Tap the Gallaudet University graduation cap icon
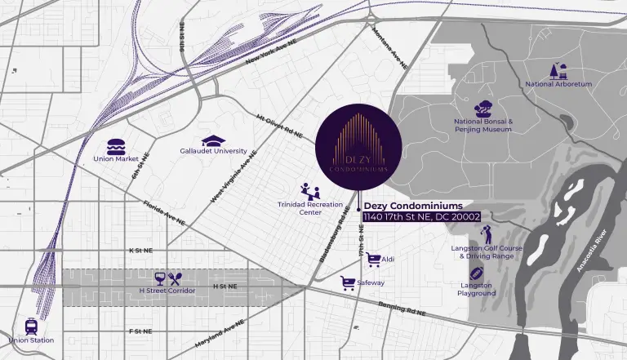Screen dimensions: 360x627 (212, 140)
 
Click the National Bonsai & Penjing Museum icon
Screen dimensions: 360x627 (483, 107)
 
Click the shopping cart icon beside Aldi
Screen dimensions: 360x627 (374, 259)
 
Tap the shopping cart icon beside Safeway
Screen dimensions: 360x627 (348, 282)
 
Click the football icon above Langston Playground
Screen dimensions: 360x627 (477, 273)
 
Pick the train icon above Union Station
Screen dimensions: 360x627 (31, 326)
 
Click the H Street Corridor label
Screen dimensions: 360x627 (167, 291)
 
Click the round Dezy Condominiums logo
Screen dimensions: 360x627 (358, 148)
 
